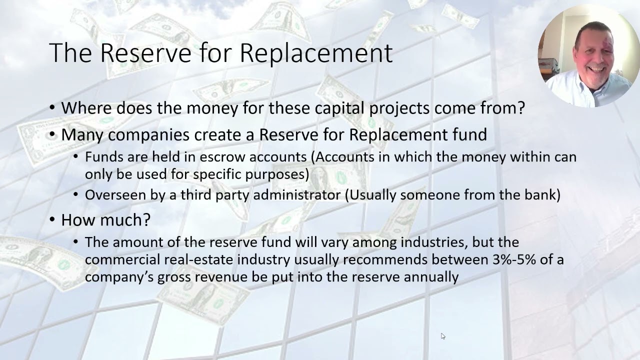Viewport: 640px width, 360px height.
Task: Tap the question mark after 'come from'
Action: [x=520, y=107]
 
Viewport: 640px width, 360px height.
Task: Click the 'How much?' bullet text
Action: [x=105, y=220]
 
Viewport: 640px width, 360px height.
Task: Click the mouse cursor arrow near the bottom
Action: [x=443, y=336]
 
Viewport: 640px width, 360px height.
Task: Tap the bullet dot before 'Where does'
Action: [x=53, y=108]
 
